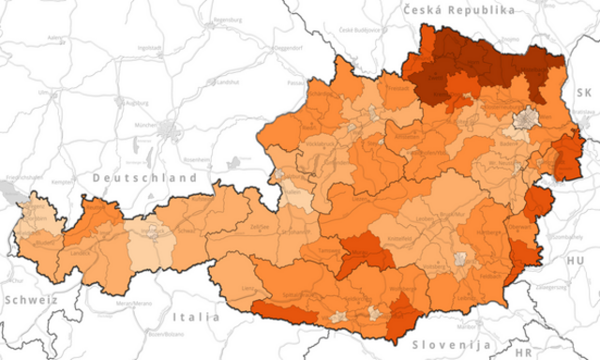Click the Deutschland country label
(x=143, y=176)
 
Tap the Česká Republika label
(x=459, y=9)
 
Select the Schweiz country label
(x=30, y=300)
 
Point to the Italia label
(x=197, y=317)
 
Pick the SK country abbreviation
(x=584, y=92)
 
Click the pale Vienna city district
(x=525, y=118)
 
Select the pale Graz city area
(x=460, y=259)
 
